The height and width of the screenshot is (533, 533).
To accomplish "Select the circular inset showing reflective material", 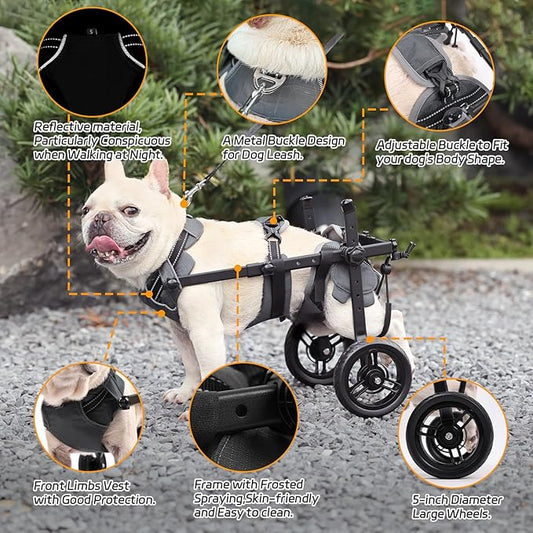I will pos(90,61).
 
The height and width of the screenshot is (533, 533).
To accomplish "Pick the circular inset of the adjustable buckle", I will pos(439,76).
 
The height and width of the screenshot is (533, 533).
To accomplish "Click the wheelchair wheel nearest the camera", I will pos(372,377).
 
